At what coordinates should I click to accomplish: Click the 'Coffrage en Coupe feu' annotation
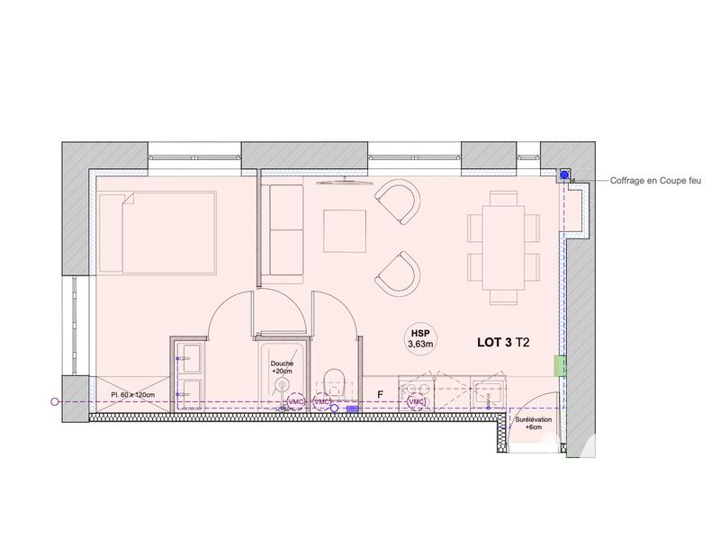click(655, 180)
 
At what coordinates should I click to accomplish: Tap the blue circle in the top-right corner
click(563, 175)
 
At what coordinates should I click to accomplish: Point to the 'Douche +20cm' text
click(282, 367)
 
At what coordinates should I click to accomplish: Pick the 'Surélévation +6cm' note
click(528, 424)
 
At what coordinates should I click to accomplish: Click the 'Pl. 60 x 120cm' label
click(132, 394)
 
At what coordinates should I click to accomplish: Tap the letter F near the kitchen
click(381, 394)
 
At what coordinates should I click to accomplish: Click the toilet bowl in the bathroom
click(332, 382)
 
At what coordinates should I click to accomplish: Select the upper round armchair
click(398, 203)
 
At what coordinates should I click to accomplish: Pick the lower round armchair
click(397, 274)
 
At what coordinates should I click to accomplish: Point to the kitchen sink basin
click(492, 393)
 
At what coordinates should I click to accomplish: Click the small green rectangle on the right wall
click(559, 365)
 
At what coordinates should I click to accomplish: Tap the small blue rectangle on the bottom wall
click(352, 409)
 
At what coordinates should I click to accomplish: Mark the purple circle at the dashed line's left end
click(55, 401)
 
